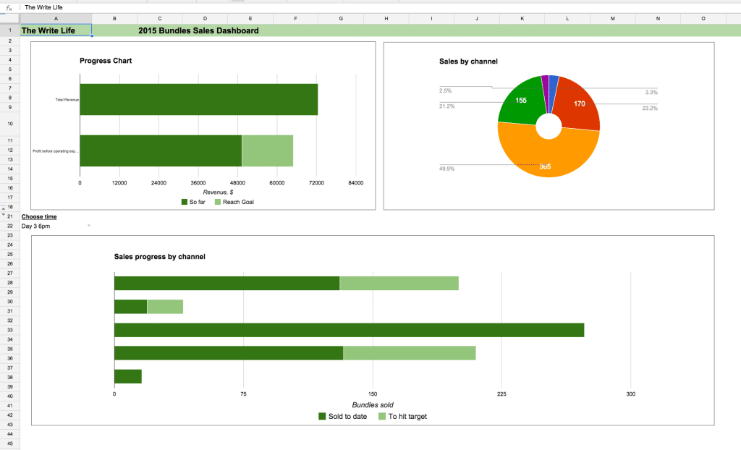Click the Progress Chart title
[106, 61]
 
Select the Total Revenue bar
[198, 99]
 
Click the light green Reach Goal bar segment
[267, 150]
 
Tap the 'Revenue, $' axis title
[218, 192]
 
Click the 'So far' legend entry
[193, 202]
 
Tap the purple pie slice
[545, 85]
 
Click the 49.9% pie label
[446, 169]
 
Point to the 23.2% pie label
[649, 109]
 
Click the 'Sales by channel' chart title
[468, 61]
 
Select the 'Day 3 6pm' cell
[36, 226]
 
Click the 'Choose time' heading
[39, 216]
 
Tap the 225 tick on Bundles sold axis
[501, 394]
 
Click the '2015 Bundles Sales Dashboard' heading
[198, 30]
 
